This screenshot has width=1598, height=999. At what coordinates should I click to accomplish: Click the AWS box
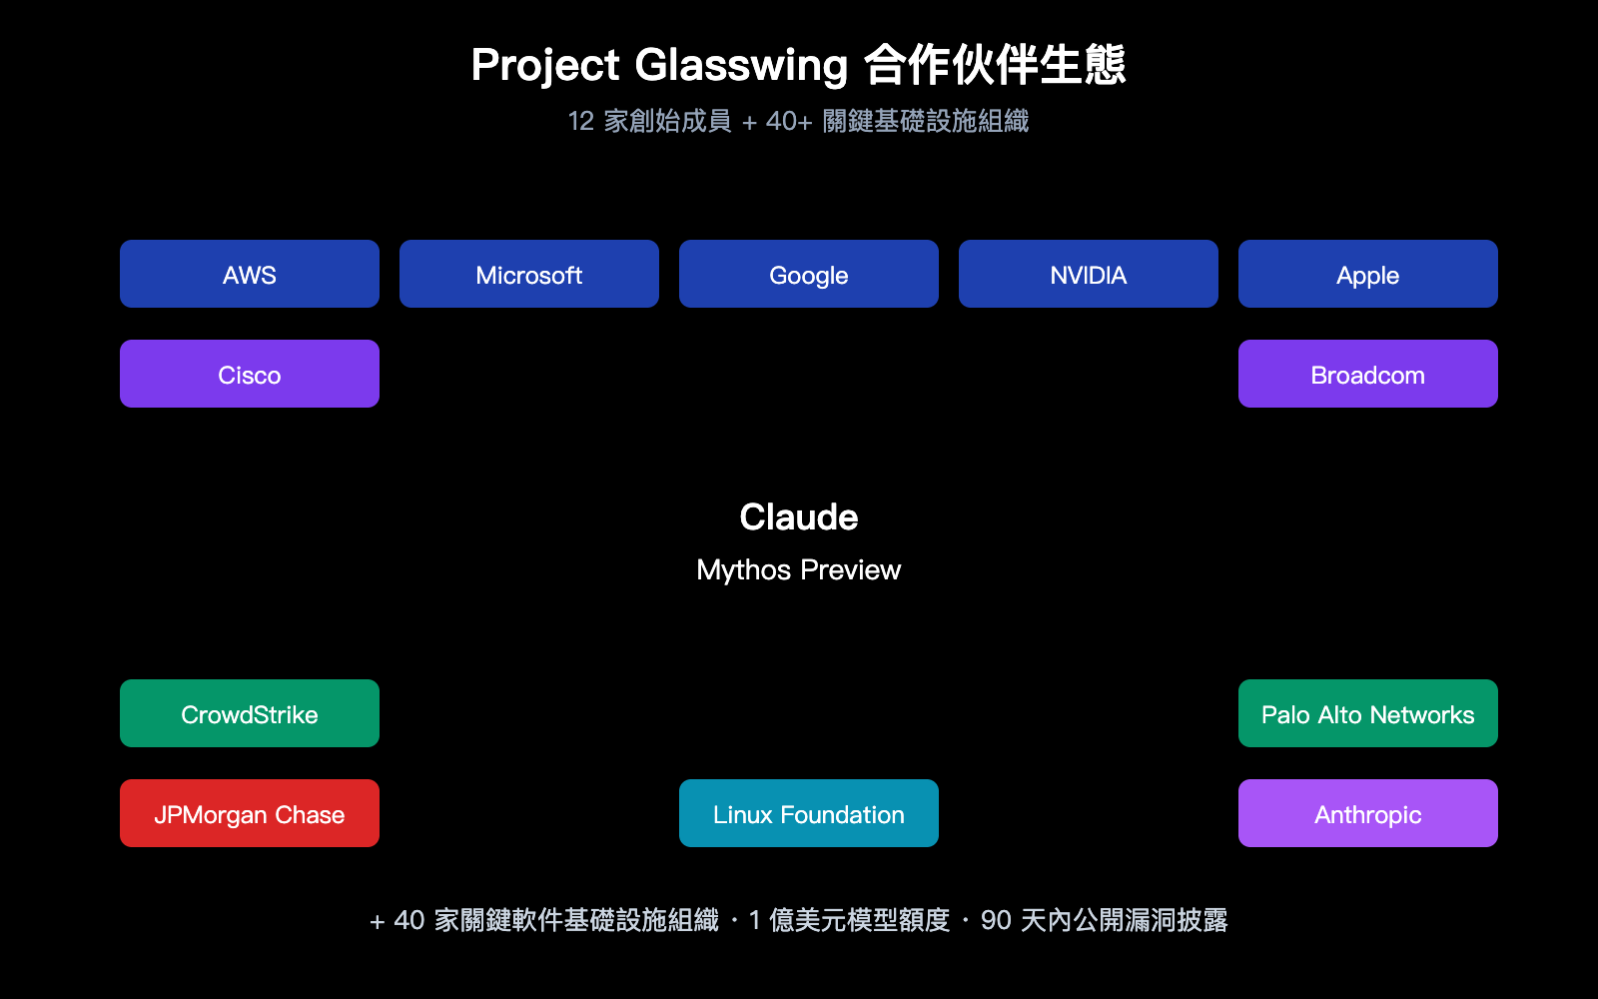[250, 274]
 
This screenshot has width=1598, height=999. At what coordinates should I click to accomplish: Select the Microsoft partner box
[529, 274]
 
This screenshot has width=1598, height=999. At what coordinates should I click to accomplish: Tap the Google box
[809, 274]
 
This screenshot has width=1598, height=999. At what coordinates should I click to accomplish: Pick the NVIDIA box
[1089, 274]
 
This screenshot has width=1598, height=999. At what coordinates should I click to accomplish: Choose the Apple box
[1368, 274]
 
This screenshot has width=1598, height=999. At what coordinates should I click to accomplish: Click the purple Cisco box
[250, 374]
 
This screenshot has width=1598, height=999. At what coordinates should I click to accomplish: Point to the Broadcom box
[1368, 374]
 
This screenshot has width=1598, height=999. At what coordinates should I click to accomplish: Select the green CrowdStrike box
[250, 713]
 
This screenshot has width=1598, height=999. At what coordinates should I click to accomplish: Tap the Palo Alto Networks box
[1368, 713]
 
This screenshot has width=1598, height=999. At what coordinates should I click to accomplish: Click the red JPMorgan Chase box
[250, 813]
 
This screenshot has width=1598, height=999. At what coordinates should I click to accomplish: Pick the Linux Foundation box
[809, 813]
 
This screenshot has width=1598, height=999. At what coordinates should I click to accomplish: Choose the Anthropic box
[1368, 813]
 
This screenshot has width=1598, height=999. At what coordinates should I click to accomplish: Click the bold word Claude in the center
[799, 517]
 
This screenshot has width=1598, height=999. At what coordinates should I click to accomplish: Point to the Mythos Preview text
[799, 569]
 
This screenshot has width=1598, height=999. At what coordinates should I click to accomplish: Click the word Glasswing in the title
[741, 66]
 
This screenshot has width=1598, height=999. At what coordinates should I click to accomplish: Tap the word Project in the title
[545, 66]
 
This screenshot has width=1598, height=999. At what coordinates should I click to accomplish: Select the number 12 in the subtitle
[581, 122]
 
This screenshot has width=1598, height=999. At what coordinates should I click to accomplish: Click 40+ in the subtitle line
[789, 122]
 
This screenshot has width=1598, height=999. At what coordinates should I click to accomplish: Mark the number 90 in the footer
[996, 920]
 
